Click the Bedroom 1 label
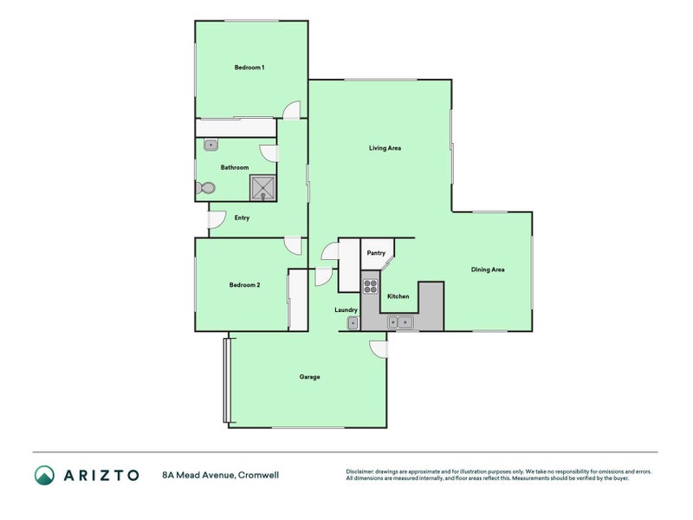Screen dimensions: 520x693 coord(249,68)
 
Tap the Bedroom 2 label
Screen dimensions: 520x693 coord(244,284)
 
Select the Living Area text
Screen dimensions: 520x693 coord(385,148)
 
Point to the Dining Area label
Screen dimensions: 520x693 coord(488,270)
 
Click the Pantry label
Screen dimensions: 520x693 coord(376,253)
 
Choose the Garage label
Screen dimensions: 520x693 coord(310,377)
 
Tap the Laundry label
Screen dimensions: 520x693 coord(346,309)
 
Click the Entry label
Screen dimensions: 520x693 coord(243,218)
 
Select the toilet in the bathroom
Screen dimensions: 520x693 coord(206,187)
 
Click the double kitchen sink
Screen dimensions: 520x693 coord(400,322)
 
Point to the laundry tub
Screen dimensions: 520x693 coord(353,323)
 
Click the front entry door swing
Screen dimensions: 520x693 coord(216,220)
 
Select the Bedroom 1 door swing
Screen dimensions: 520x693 coord(294,110)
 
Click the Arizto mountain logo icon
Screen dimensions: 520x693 coord(44,474)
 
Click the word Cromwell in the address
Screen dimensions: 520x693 coord(260,475)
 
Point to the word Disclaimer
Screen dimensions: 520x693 coord(362,471)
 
